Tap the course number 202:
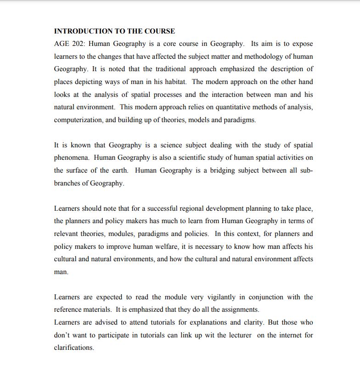79,44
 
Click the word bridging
225,170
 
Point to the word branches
67,183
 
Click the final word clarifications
74,348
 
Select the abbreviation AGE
62,44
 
